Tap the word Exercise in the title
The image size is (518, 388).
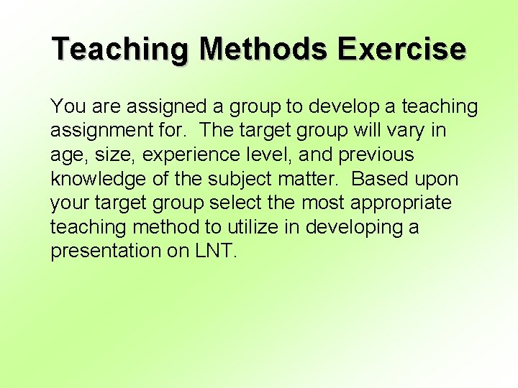[x=403, y=50]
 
